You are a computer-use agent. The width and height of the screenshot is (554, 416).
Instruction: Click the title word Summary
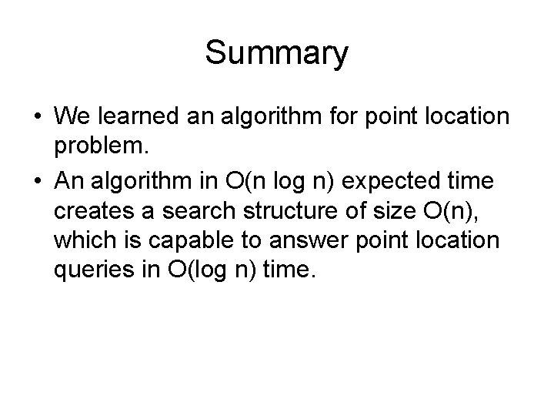[276, 54]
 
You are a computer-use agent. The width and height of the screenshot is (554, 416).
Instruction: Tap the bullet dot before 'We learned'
[38, 119]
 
